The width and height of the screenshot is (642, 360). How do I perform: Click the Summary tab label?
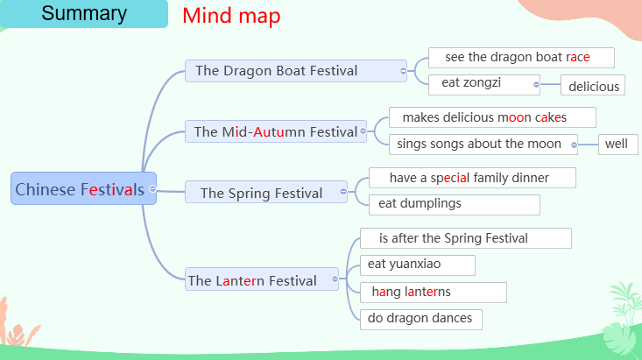(x=84, y=14)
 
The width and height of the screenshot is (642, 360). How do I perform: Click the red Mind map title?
(x=231, y=16)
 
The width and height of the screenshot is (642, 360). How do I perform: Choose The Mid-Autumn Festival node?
(x=275, y=131)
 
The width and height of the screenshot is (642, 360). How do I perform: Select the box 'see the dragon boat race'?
(x=521, y=58)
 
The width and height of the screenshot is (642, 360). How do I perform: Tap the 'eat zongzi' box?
(x=483, y=84)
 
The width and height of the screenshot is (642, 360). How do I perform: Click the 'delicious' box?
(x=594, y=86)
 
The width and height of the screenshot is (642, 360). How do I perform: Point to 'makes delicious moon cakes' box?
(x=492, y=117)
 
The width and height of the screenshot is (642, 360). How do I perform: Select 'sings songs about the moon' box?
(x=483, y=144)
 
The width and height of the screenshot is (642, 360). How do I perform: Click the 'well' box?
(x=617, y=144)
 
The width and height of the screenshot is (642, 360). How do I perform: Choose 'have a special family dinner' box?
(x=472, y=178)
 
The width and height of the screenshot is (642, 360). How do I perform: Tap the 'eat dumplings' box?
(x=454, y=204)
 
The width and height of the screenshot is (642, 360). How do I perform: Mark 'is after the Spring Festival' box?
(x=465, y=238)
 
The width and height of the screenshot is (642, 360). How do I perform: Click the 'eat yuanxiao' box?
(x=418, y=265)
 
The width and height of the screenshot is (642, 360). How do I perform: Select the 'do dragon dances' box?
(x=421, y=318)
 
